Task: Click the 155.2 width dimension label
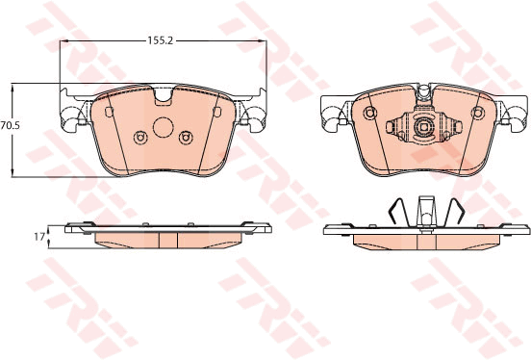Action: tap(161, 41)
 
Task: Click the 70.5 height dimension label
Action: tap(11, 126)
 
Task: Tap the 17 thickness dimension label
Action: tap(39, 237)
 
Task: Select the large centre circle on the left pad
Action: tap(164, 127)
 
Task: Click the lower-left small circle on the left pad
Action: tap(139, 138)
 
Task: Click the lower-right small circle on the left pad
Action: tap(186, 138)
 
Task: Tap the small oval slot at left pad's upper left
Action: tap(109, 112)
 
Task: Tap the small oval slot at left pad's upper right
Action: tap(217, 112)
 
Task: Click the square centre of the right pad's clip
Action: tap(424, 126)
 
